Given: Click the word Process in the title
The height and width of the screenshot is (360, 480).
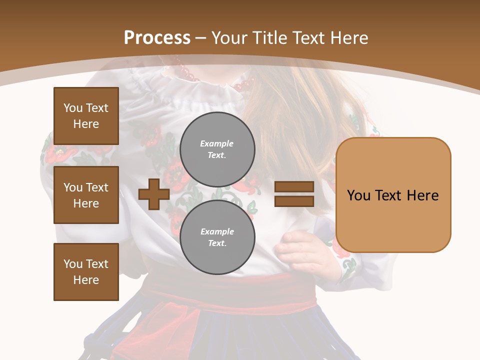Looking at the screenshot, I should tap(157, 38).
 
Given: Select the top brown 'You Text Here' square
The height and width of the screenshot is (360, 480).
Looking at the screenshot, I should tap(86, 116).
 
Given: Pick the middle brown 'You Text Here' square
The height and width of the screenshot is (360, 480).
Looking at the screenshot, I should tap(86, 195).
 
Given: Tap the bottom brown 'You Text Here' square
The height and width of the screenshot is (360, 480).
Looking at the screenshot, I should tap(86, 272).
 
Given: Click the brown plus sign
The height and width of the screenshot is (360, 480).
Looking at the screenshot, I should tap(154, 194).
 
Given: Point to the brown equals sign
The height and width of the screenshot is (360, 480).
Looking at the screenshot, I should tap(294, 194).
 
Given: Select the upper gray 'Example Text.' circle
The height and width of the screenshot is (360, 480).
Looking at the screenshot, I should tap(217, 149).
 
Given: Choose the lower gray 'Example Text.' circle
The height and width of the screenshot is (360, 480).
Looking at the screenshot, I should tap(217, 237).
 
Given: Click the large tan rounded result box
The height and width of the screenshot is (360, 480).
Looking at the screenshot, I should tap(393, 195).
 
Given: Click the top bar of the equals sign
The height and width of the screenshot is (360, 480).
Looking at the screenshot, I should tap(294, 187).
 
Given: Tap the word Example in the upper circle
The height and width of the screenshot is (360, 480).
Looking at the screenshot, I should tap(217, 144).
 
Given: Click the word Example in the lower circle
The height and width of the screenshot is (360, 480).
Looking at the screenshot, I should tap(217, 232).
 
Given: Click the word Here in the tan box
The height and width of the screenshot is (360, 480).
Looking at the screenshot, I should tap(423, 195).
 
